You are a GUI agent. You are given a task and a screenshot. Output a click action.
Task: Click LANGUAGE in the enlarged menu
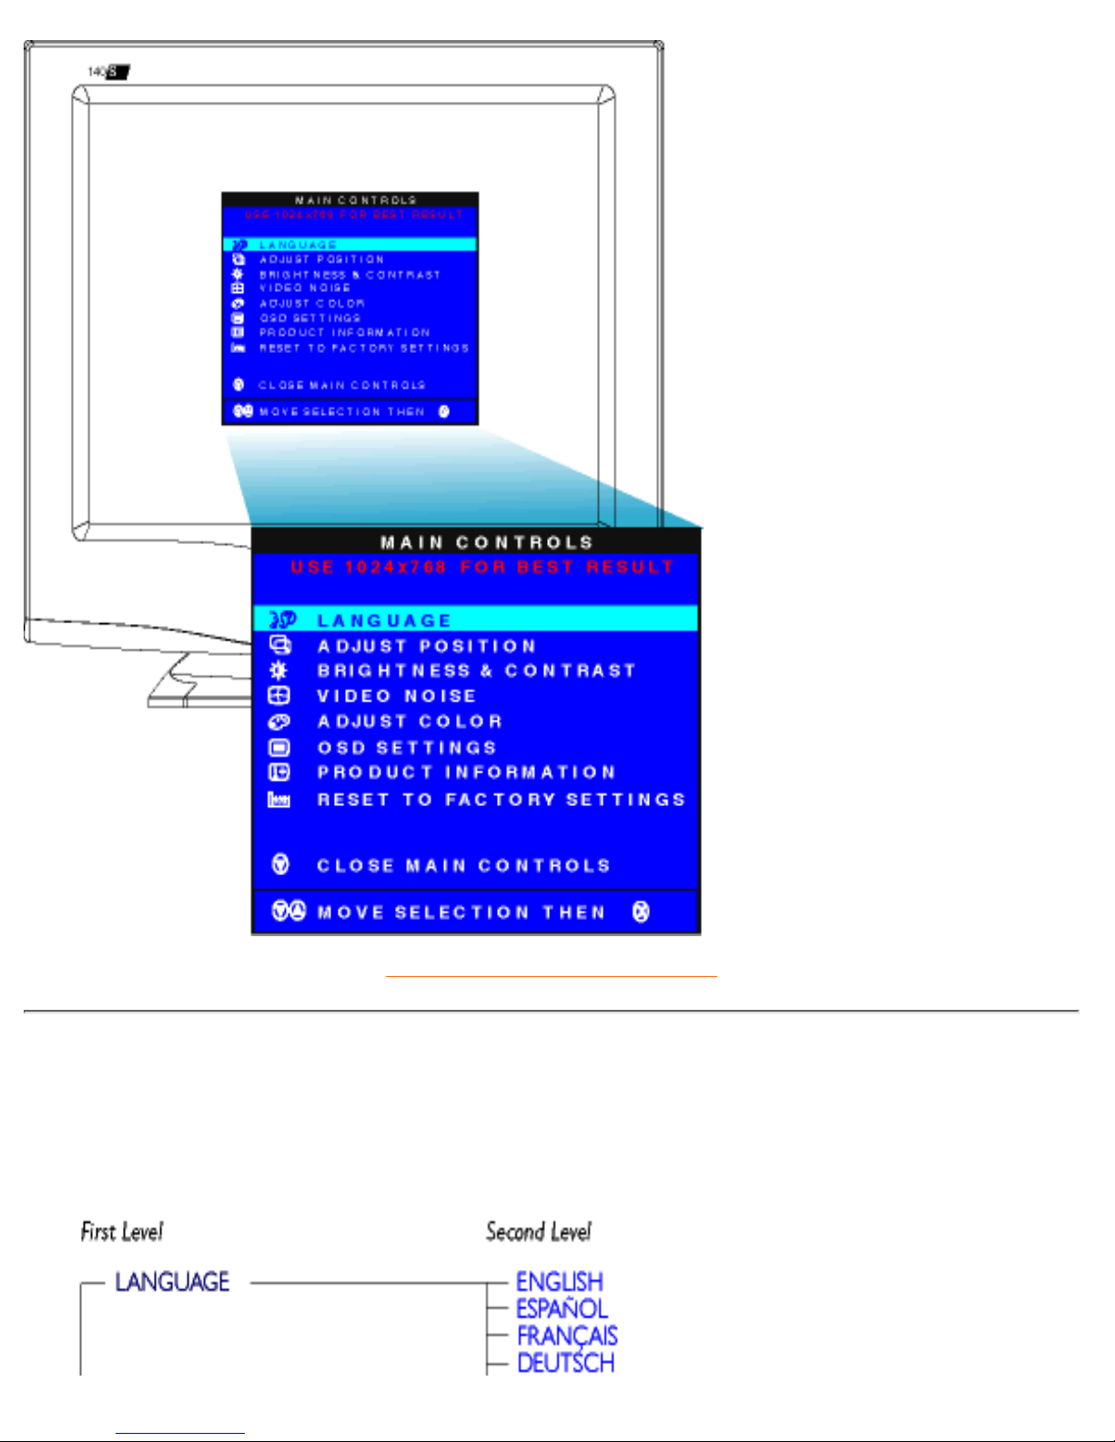[x=384, y=620]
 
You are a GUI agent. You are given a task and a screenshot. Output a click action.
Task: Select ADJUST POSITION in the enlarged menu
[x=427, y=646]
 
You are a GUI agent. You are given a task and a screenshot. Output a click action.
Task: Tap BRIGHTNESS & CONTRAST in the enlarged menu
[x=476, y=671]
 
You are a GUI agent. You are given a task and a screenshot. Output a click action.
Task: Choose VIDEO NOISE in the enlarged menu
[x=397, y=696]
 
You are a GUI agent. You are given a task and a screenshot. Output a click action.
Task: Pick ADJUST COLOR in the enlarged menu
[x=410, y=721]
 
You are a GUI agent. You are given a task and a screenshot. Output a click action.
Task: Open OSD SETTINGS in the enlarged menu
[x=407, y=748]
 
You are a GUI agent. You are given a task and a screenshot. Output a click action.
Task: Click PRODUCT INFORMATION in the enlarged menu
[x=466, y=772]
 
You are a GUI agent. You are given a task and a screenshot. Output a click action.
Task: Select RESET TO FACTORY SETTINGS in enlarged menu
[x=501, y=800]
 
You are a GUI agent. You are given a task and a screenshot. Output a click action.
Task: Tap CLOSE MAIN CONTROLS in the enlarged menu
[x=463, y=865]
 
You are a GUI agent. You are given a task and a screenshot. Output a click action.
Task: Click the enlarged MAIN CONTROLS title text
[x=487, y=543]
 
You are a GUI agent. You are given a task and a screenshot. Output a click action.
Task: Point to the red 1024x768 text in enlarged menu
[x=395, y=568]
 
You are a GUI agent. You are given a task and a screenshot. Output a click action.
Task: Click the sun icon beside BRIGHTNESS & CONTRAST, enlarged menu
[x=279, y=671]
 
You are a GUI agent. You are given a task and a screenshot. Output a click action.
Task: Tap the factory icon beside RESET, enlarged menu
[x=279, y=800]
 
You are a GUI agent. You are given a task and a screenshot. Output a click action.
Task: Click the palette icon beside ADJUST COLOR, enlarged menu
[x=279, y=721]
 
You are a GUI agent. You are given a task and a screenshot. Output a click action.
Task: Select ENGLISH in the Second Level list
[x=559, y=1282]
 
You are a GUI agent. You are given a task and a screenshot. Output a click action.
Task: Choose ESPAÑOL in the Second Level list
[x=562, y=1309]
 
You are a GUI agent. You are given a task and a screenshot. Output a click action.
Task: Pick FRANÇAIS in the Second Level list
[x=567, y=1336]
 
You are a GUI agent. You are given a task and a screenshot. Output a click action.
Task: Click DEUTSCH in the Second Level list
[x=565, y=1363]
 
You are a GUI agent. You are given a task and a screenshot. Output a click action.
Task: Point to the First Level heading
[x=122, y=1232]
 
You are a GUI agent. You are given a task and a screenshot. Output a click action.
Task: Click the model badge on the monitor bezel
[x=109, y=71]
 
